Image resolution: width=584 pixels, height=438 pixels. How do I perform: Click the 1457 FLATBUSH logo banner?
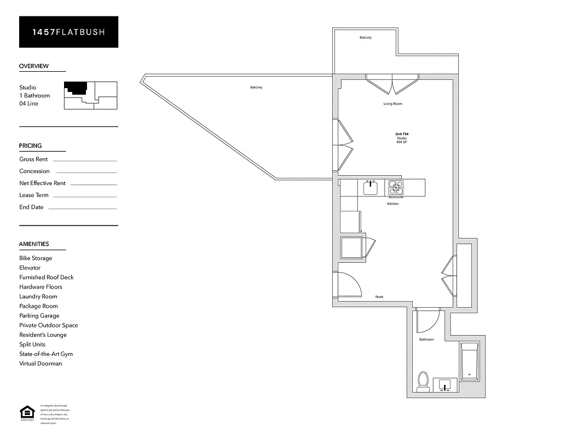coord(68,32)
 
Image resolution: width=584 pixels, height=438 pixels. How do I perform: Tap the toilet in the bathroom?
coord(423,382)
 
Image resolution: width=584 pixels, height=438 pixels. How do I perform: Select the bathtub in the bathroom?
coord(469,361)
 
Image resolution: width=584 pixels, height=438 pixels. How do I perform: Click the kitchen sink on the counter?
coord(371,188)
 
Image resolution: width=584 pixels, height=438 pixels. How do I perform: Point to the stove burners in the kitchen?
coord(396,188)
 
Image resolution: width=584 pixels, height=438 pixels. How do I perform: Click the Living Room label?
coord(392,104)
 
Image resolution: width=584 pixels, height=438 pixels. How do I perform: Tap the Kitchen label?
coord(392,204)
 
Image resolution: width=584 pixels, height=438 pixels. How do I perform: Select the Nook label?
coord(379,297)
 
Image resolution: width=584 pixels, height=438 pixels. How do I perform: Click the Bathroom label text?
coord(426,339)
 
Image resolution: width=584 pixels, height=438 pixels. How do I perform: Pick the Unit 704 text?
coord(402,134)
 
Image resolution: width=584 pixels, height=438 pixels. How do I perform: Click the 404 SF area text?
coord(402,142)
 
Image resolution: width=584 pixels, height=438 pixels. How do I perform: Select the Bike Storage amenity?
coord(36,258)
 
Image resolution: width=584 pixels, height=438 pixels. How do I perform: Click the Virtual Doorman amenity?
coord(41,364)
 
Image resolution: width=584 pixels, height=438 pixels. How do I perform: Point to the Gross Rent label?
coord(33,159)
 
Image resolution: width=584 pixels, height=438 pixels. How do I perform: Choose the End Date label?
coord(31,208)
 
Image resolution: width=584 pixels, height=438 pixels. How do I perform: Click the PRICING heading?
coord(30,146)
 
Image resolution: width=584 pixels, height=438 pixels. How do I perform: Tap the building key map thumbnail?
coord(90,95)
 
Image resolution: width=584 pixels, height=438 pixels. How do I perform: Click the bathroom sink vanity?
coord(446,385)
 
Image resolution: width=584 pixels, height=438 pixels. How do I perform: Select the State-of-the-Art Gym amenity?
coord(46,354)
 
